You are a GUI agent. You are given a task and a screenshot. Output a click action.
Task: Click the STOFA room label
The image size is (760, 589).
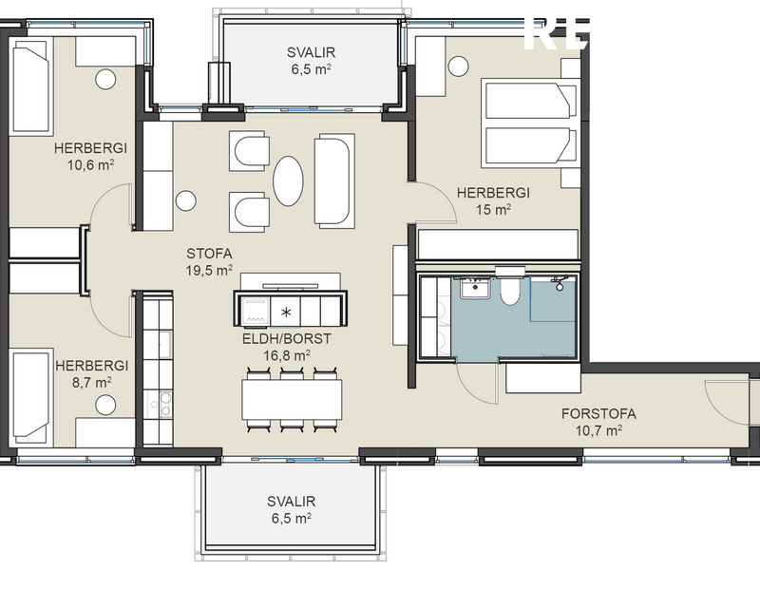point(209,253)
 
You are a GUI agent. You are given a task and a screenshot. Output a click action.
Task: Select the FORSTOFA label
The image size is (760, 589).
point(598,413)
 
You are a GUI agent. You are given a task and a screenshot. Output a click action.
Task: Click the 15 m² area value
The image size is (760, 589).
point(493,210)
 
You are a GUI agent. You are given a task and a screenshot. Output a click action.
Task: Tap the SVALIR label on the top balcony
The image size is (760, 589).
point(312,52)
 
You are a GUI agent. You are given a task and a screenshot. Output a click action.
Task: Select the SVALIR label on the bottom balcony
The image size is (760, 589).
point(290,502)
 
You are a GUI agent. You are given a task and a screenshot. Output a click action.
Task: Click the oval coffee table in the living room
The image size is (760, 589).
point(290,180)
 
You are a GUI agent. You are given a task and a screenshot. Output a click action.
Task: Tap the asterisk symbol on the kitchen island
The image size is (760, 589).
point(286,311)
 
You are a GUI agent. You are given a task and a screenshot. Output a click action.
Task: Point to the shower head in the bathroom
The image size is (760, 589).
point(561,283)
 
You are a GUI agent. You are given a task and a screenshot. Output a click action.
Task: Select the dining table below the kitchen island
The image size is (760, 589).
point(292,399)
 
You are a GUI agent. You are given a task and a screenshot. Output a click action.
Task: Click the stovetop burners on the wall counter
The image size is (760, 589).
point(158,403)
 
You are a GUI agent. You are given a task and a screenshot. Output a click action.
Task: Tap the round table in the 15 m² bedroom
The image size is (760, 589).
point(458,66)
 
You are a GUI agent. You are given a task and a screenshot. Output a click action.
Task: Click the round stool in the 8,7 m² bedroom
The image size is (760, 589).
point(104,406)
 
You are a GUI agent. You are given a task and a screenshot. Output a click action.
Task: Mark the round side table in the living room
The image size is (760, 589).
point(186,201)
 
